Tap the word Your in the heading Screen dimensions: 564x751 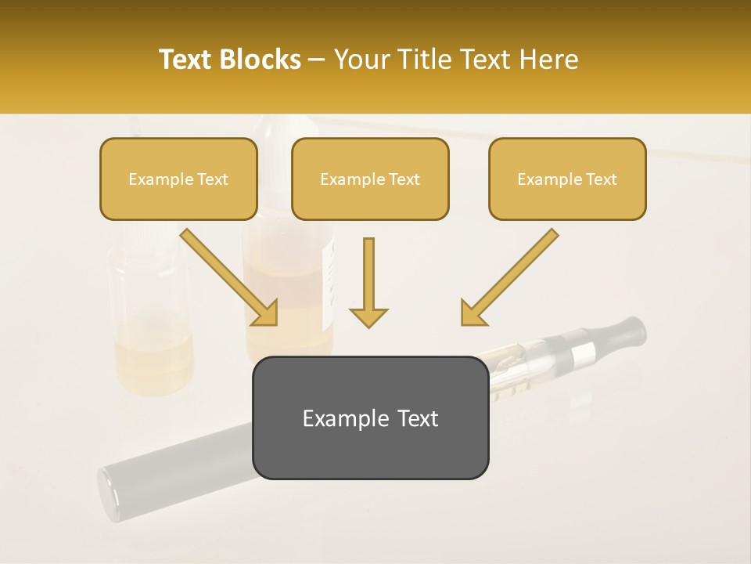(x=362, y=60)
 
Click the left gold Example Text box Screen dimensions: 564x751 (x=178, y=179)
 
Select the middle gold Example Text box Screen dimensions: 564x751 (x=370, y=179)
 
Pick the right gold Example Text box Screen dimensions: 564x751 (x=567, y=179)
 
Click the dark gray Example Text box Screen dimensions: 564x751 (x=370, y=418)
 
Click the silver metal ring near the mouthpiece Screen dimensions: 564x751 (x=583, y=356)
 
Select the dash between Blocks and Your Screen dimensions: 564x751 (x=317, y=60)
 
